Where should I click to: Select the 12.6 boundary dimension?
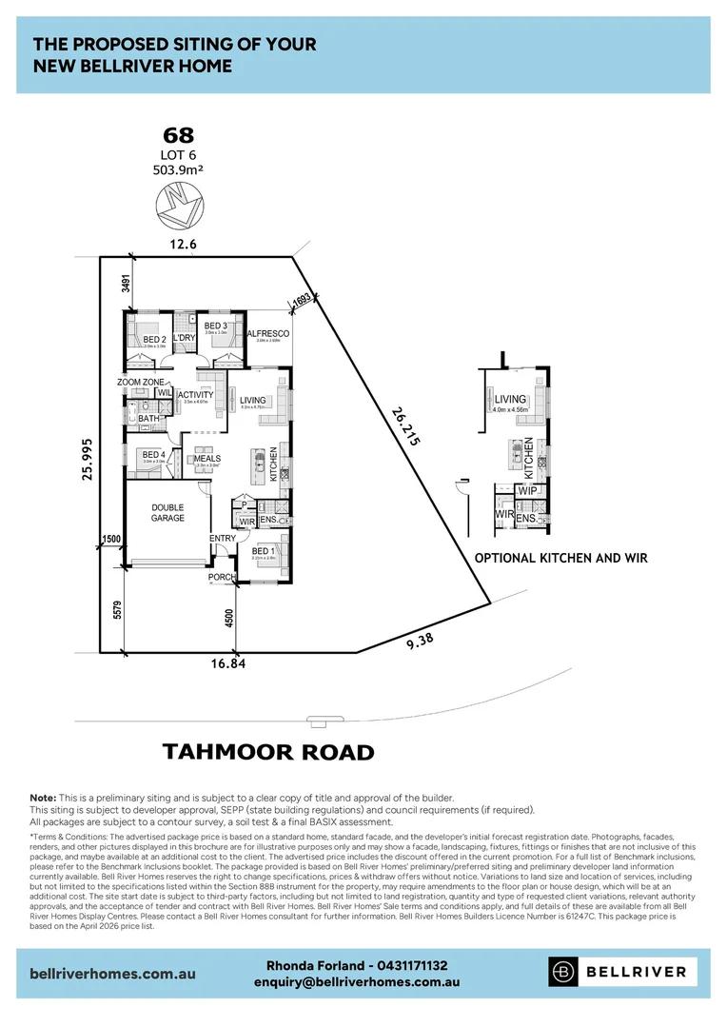pos(183,245)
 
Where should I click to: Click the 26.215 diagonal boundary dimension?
pos(403,425)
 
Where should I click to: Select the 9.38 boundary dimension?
pos(419,640)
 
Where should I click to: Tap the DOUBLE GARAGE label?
pos(167,513)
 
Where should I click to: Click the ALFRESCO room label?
pos(267,334)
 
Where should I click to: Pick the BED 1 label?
pos(264,551)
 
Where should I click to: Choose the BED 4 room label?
pos(154,455)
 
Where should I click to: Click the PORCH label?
pos(221,577)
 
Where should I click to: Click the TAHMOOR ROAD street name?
pos(268,752)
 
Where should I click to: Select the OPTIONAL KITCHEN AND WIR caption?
pos(560,559)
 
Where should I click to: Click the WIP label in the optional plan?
pos(527,491)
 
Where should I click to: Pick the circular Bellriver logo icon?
pos(563,972)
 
